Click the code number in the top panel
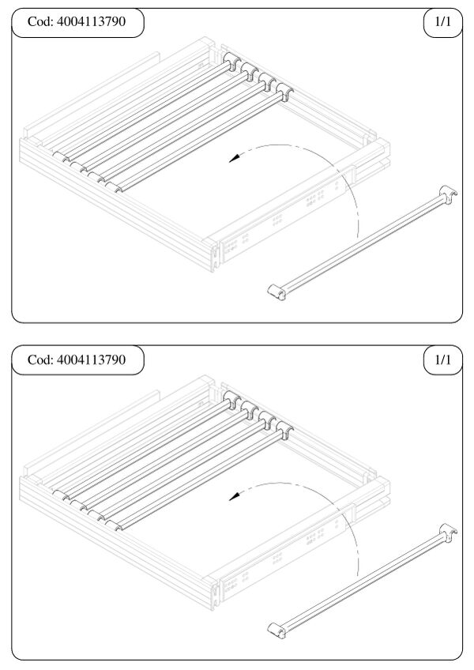[x=91, y=21]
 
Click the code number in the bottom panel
[x=91, y=359]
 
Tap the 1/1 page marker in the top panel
[x=442, y=21]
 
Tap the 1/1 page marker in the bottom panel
[x=442, y=359]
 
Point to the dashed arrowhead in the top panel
[x=234, y=159]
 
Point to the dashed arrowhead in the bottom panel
[x=234, y=496]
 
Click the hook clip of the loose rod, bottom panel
[x=448, y=531]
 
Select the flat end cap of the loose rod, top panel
[x=276, y=292]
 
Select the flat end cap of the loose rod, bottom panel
[x=276, y=630]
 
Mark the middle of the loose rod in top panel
[x=362, y=243]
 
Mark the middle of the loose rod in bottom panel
[x=362, y=581]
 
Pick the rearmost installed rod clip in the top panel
[x=231, y=61]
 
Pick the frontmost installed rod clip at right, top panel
[x=284, y=92]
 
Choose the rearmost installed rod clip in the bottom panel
[x=231, y=399]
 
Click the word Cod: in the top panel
[x=40, y=21]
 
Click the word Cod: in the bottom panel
[x=40, y=359]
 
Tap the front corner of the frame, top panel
[x=213, y=271]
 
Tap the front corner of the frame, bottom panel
[x=213, y=609]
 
